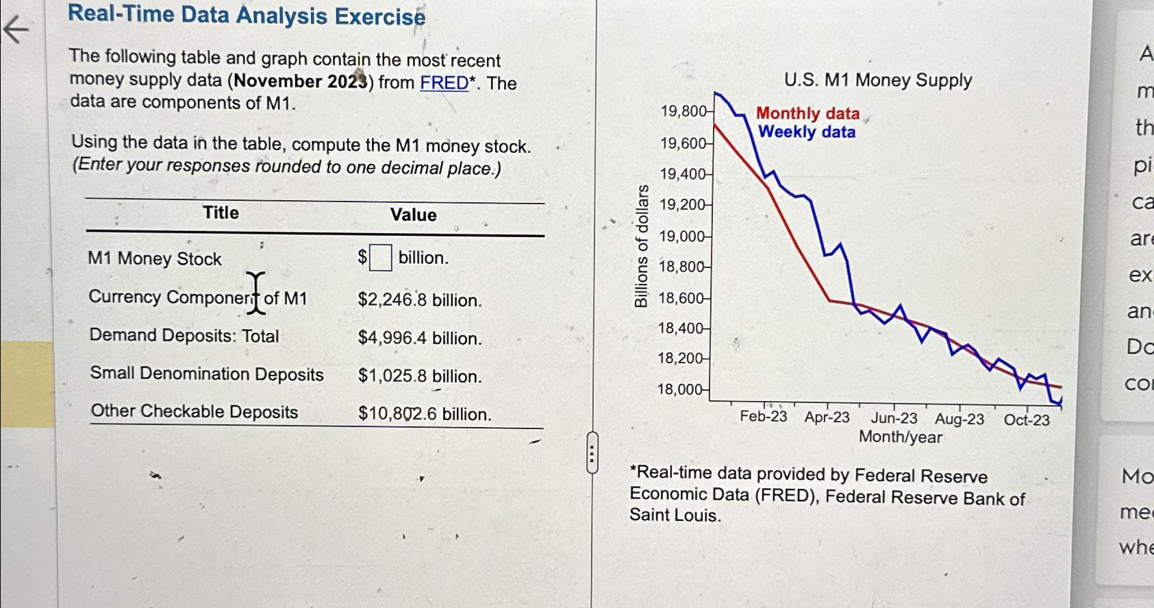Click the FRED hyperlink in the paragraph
pyautogui.click(x=444, y=83)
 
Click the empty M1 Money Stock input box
pyautogui.click(x=381, y=258)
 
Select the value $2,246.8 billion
pyautogui.click(x=419, y=300)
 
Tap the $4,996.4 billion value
pyautogui.click(x=419, y=338)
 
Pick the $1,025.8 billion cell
pyautogui.click(x=419, y=376)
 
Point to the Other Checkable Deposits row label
pyautogui.click(x=195, y=411)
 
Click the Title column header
pyautogui.click(x=221, y=212)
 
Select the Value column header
pyautogui.click(x=413, y=215)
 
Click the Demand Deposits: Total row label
pyautogui.click(x=184, y=336)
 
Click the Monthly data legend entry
pyautogui.click(x=807, y=113)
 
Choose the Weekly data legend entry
pyautogui.click(x=807, y=132)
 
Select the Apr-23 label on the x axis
pyautogui.click(x=827, y=417)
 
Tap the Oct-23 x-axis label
pyautogui.click(x=1026, y=419)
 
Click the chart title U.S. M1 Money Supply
pyautogui.click(x=878, y=80)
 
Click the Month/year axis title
pyautogui.click(x=900, y=437)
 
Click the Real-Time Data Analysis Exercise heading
pyautogui.click(x=247, y=15)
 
